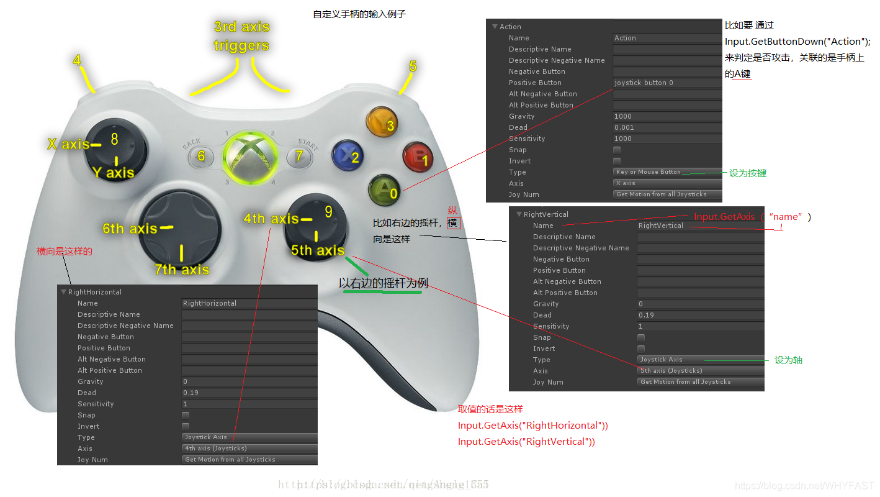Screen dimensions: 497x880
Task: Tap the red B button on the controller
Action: (418, 157)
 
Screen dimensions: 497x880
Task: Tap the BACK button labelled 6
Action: (200, 156)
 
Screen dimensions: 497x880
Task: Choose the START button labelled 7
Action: (300, 155)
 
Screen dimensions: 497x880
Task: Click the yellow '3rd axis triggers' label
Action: (241, 36)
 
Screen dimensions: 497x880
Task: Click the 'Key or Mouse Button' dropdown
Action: (667, 172)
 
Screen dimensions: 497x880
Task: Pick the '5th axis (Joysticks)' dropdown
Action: (700, 371)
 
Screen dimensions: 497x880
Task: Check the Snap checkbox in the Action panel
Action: (617, 150)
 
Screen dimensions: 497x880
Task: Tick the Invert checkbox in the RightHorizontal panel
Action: (186, 426)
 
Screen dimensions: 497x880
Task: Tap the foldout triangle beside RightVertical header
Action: (519, 214)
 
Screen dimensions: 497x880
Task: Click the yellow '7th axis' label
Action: (182, 269)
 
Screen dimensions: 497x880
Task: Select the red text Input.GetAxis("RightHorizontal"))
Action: (532, 426)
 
